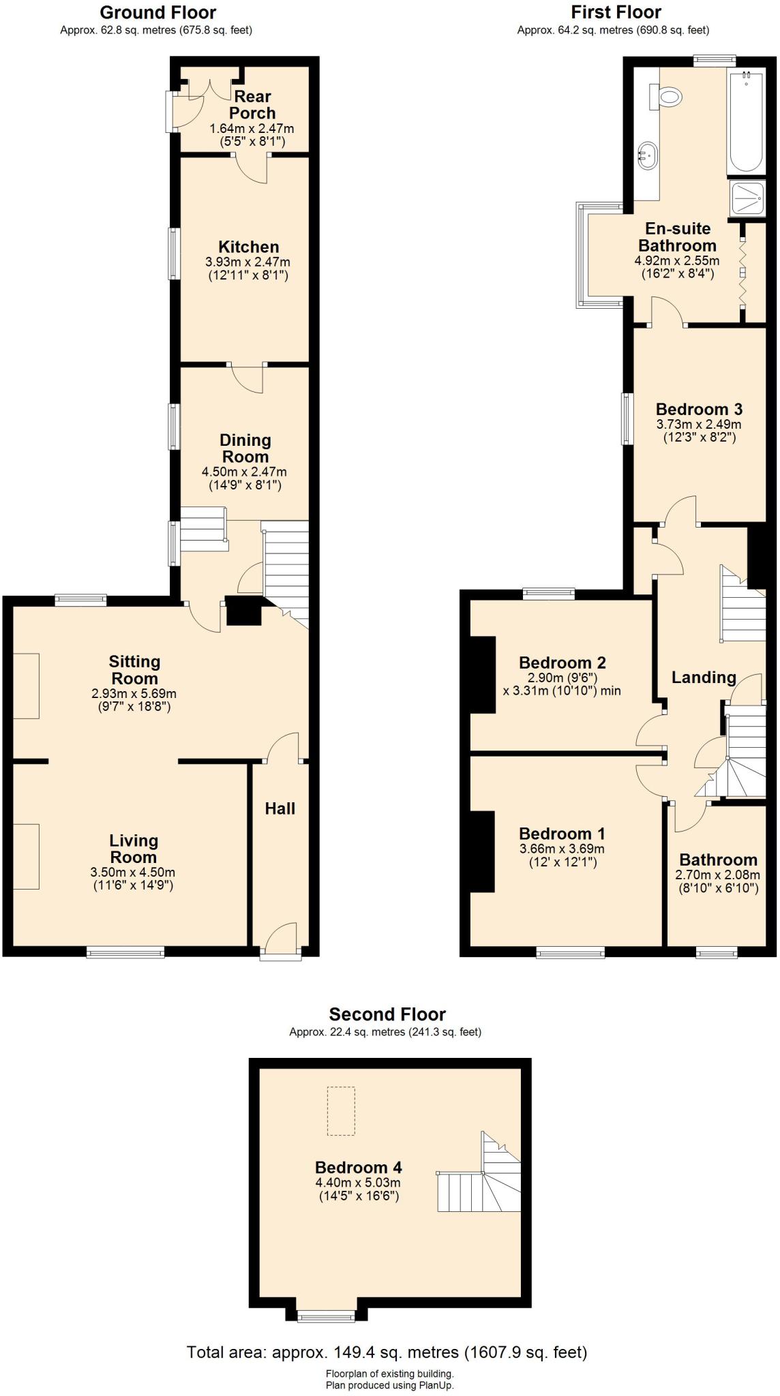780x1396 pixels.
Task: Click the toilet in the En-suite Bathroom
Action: click(665, 97)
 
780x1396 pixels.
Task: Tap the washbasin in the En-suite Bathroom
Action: click(647, 155)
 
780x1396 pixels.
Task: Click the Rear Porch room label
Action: click(252, 105)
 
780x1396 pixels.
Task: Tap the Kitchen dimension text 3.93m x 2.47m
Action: click(247, 262)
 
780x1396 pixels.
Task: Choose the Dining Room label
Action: click(245, 449)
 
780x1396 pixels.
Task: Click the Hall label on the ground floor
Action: click(280, 808)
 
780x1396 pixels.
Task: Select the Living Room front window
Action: click(125, 953)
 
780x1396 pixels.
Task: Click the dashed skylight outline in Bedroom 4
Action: click(341, 1111)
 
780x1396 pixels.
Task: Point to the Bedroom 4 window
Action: click(326, 1316)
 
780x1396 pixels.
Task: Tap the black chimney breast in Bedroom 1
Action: click(481, 851)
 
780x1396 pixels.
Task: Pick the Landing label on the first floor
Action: click(704, 678)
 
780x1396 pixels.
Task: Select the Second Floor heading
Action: click(387, 1014)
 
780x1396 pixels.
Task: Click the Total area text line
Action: click(387, 1352)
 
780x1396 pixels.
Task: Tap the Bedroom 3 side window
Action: click(627, 419)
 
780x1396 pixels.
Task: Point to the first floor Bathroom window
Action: click(717, 953)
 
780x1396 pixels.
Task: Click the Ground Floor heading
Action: click(157, 12)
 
